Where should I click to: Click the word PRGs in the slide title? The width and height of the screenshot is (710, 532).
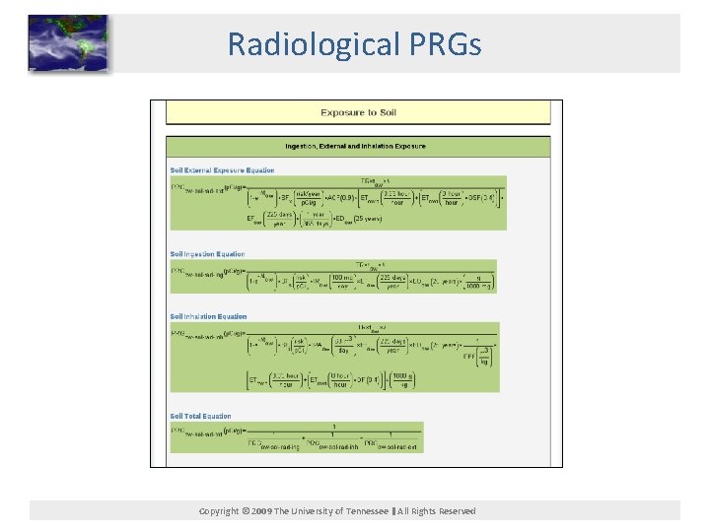tap(447, 43)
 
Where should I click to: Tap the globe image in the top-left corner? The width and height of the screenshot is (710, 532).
tap(68, 43)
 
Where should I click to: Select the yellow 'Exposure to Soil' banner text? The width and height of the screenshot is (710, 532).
tap(357, 112)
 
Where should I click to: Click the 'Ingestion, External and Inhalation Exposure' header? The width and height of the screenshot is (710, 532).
tap(356, 146)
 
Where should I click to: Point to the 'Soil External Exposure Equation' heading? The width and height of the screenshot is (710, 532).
tap(222, 170)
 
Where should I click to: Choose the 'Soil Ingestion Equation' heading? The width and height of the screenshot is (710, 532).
tap(207, 254)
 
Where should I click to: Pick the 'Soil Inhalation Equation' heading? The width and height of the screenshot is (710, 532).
tap(208, 317)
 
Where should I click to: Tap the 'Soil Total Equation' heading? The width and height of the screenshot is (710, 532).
tap(200, 416)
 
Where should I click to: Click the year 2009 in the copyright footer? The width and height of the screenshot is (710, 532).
tap(261, 511)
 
